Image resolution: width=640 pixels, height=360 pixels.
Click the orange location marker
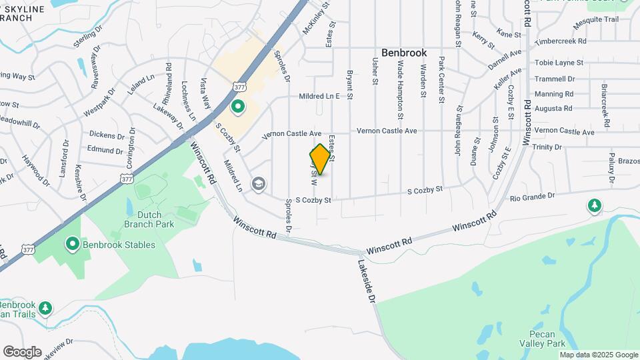pos(321,159)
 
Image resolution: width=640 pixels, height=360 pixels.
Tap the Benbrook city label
pos(404,53)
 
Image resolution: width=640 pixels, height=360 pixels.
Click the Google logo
pos(22,352)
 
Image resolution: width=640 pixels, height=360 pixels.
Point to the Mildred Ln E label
pos(325,96)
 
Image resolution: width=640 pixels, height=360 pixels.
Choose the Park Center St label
pos(441,80)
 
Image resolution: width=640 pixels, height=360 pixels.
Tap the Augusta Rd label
pos(553,108)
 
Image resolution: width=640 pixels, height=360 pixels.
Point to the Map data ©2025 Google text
pos(599,355)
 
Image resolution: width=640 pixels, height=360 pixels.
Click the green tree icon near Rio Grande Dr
pos(594,205)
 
